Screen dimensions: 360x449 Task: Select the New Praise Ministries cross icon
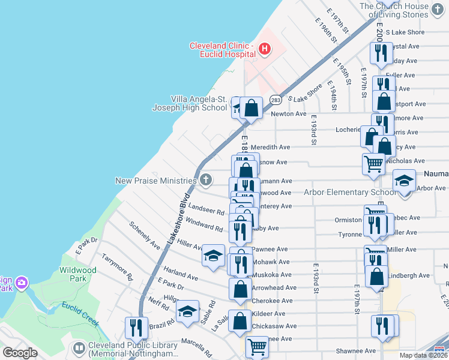tap(206, 179)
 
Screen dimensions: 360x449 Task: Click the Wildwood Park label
tap(77, 275)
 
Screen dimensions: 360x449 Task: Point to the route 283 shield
tap(276, 100)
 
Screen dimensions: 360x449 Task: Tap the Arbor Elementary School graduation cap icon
tap(405, 180)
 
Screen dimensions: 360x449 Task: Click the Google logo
tap(20, 353)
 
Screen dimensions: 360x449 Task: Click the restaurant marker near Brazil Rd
tap(136, 328)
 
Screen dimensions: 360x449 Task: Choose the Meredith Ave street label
tap(270, 147)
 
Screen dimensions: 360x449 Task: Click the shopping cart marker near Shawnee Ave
tap(257, 346)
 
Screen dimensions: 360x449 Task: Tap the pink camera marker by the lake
tap(22, 282)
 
